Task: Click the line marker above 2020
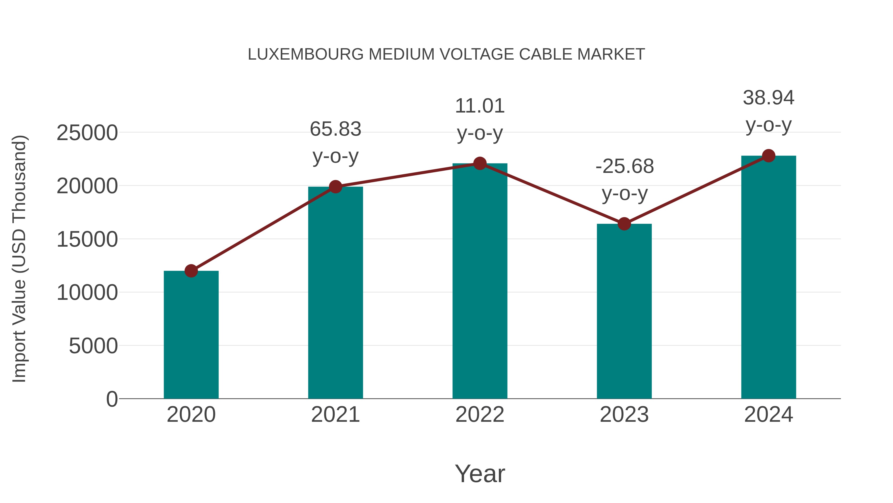pyautogui.click(x=191, y=271)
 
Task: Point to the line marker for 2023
pyautogui.click(x=624, y=224)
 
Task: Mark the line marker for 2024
pyautogui.click(x=768, y=156)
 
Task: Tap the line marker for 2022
pyautogui.click(x=480, y=163)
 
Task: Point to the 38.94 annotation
pyautogui.click(x=768, y=98)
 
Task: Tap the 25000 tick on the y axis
pyautogui.click(x=87, y=133)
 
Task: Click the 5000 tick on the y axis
pyautogui.click(x=93, y=346)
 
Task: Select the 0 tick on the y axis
pyautogui.click(x=112, y=399)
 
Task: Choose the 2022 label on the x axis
pyautogui.click(x=480, y=415)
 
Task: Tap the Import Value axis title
pyautogui.click(x=19, y=259)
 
